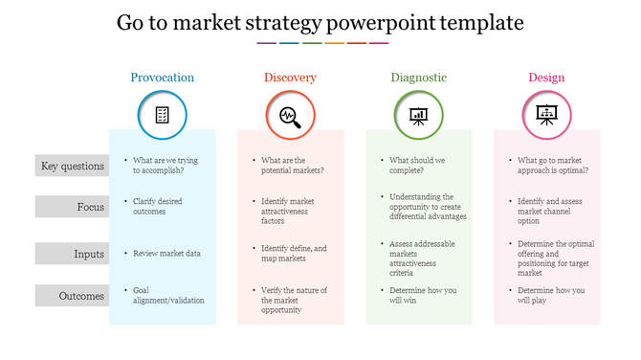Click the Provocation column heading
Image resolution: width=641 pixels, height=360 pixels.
(162, 78)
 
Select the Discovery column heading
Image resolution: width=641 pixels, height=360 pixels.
(290, 78)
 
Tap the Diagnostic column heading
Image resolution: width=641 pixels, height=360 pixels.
(418, 78)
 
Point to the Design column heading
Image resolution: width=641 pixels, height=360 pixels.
(546, 78)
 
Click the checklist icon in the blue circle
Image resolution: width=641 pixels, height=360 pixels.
(162, 116)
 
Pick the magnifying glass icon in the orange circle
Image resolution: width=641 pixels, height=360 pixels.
(290, 116)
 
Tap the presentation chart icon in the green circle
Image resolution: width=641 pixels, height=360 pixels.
(418, 116)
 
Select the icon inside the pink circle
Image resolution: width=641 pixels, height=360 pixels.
(546, 116)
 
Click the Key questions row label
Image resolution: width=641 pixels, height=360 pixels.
(72, 166)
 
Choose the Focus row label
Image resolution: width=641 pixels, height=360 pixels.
(72, 207)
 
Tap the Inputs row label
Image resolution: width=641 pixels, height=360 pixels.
(72, 254)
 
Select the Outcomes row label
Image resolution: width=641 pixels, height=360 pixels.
(72, 296)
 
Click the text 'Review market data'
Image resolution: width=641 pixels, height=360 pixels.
(167, 254)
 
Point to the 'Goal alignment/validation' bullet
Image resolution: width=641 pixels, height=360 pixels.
(168, 295)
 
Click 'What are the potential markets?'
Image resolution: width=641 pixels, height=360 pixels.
(293, 165)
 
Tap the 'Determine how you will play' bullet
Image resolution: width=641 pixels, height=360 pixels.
(553, 295)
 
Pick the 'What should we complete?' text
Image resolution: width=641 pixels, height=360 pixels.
(418, 165)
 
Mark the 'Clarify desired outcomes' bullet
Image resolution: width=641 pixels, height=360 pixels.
(158, 206)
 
